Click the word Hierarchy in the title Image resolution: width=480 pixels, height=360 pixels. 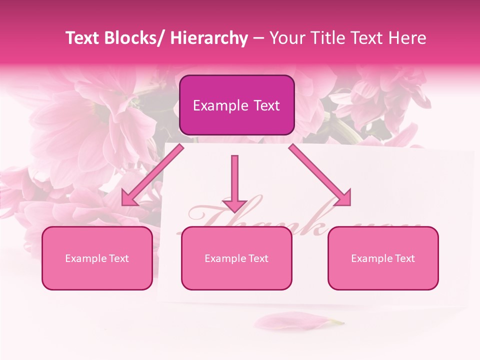point(209,38)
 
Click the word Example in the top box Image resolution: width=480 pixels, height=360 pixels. point(214,106)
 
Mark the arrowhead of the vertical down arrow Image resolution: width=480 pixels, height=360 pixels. point(234,205)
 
